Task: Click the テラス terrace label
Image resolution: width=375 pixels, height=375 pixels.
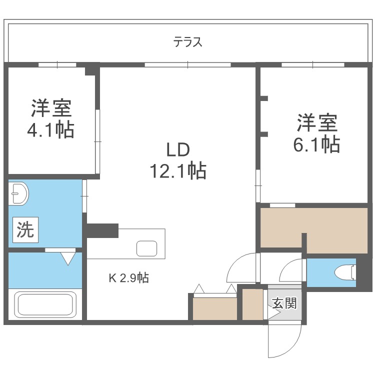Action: (187, 42)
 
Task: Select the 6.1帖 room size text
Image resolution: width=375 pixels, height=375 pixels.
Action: (316, 144)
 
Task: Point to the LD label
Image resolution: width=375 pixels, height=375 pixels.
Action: (178, 150)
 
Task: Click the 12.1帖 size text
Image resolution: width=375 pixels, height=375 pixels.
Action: (177, 171)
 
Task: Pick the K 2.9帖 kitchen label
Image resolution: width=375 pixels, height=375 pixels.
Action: (128, 278)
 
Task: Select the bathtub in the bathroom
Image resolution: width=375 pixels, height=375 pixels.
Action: (45, 304)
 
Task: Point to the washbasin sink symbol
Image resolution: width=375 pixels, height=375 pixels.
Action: (19, 193)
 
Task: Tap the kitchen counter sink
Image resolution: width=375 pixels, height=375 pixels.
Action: (148, 248)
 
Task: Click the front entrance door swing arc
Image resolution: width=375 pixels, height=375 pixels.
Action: (285, 340)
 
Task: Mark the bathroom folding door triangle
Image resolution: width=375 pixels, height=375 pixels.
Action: (68, 258)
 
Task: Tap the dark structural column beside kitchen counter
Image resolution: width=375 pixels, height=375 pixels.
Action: (102, 230)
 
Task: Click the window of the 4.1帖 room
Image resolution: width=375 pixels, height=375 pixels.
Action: (57, 64)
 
